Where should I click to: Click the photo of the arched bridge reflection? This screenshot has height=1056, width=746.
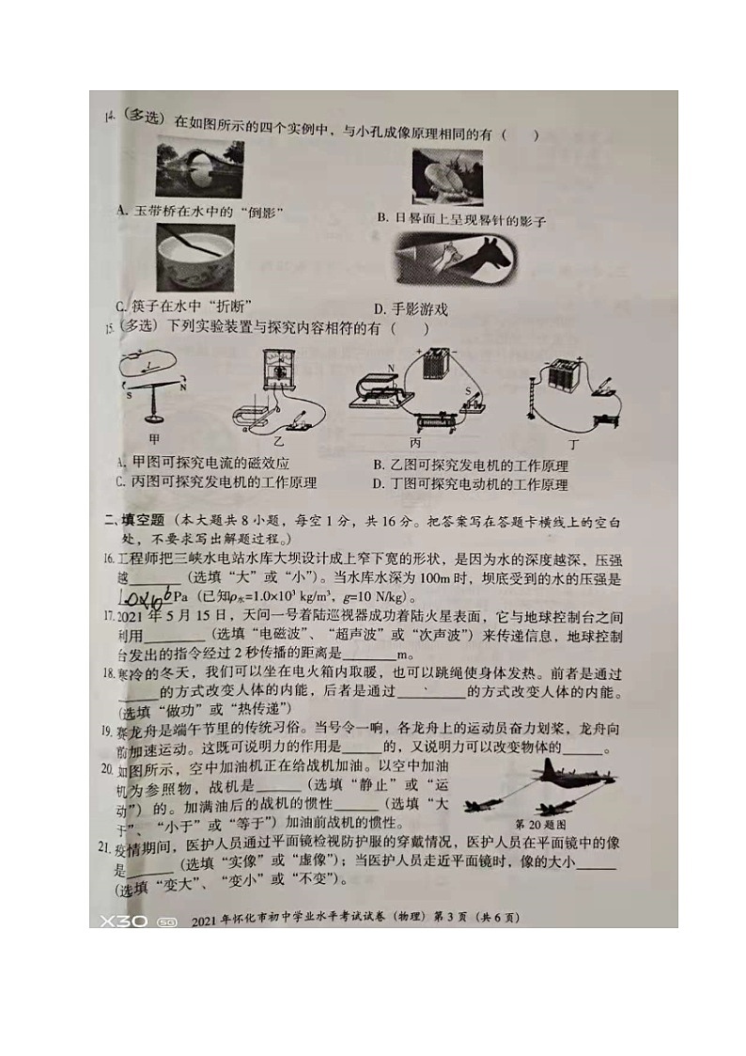[x=199, y=168]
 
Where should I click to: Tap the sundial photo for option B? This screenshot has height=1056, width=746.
[x=447, y=176]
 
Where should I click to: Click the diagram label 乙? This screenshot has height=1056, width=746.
[x=280, y=440]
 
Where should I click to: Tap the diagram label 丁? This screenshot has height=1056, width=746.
[x=573, y=440]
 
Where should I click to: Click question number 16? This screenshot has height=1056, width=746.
[x=109, y=559]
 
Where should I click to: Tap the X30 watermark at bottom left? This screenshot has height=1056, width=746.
[x=124, y=921]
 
